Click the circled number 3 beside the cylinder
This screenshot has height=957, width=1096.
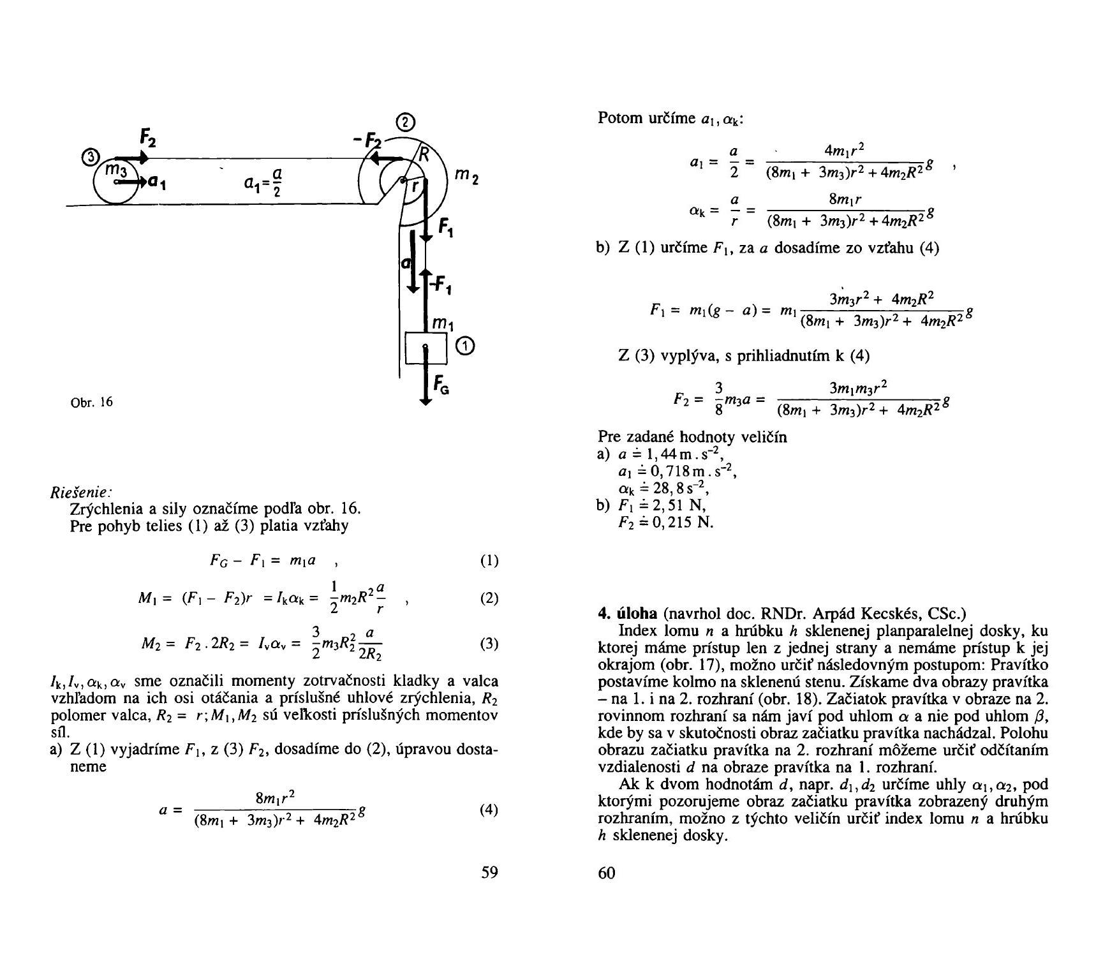91,157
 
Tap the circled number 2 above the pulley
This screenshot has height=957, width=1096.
405,122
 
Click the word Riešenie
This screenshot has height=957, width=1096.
81,493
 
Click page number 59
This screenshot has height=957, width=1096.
489,873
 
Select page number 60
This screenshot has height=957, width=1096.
607,873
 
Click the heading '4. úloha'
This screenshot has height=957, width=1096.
628,614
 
